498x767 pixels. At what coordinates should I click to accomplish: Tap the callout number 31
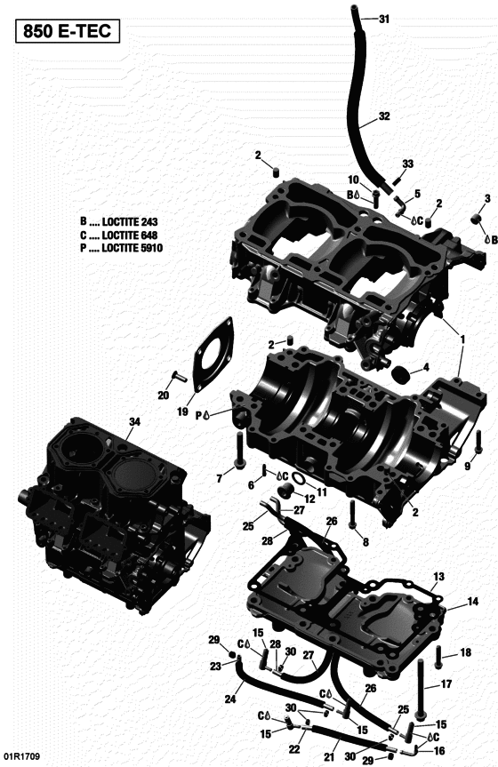tap(384, 19)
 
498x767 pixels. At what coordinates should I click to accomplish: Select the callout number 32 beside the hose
tap(384, 116)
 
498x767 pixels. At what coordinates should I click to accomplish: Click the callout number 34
tap(133, 421)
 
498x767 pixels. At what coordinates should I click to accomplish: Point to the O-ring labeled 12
tap(299, 482)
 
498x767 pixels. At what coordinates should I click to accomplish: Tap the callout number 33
tap(408, 164)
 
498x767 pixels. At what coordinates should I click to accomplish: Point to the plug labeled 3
tap(475, 220)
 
